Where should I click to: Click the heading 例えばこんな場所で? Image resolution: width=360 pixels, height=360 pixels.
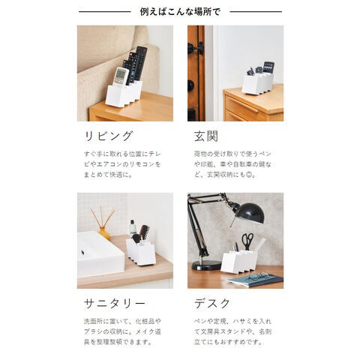click(180, 11)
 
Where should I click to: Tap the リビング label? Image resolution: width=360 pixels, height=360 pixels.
click(108, 136)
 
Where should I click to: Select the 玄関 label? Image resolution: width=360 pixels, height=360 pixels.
click(206, 136)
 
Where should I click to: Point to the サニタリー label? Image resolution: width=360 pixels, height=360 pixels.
click(114, 304)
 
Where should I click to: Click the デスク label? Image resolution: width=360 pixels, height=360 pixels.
click(212, 304)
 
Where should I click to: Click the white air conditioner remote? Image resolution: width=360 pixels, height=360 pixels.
click(121, 76)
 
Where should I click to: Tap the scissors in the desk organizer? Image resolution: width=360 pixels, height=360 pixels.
click(247, 241)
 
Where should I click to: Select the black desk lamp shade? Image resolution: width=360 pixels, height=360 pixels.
click(250, 213)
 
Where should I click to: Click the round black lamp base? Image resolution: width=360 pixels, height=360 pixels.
click(206, 265)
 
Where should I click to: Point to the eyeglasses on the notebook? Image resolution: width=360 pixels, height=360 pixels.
click(257, 275)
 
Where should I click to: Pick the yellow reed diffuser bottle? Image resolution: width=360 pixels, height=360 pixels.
click(104, 233)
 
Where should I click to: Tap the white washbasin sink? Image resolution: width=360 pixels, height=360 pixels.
click(100, 254)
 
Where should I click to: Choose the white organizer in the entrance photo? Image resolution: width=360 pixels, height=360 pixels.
click(257, 83)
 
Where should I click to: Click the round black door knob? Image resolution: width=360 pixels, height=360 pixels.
click(190, 85)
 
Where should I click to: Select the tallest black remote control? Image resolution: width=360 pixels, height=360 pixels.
click(141, 63)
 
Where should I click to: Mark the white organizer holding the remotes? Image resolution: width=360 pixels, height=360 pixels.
click(124, 94)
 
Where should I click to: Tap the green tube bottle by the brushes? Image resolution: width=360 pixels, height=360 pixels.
click(133, 228)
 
